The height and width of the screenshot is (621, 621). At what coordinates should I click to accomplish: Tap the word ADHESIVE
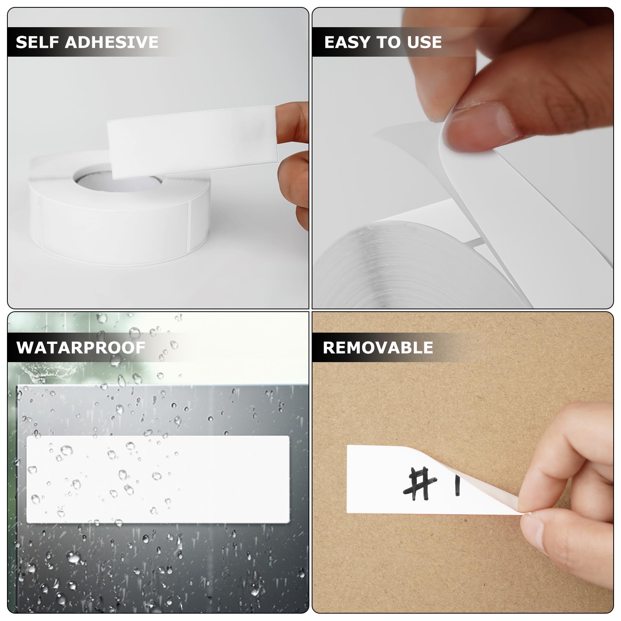click(112, 42)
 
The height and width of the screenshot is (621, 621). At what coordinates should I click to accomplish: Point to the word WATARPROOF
click(81, 347)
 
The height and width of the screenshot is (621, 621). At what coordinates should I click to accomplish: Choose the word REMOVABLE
click(378, 347)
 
